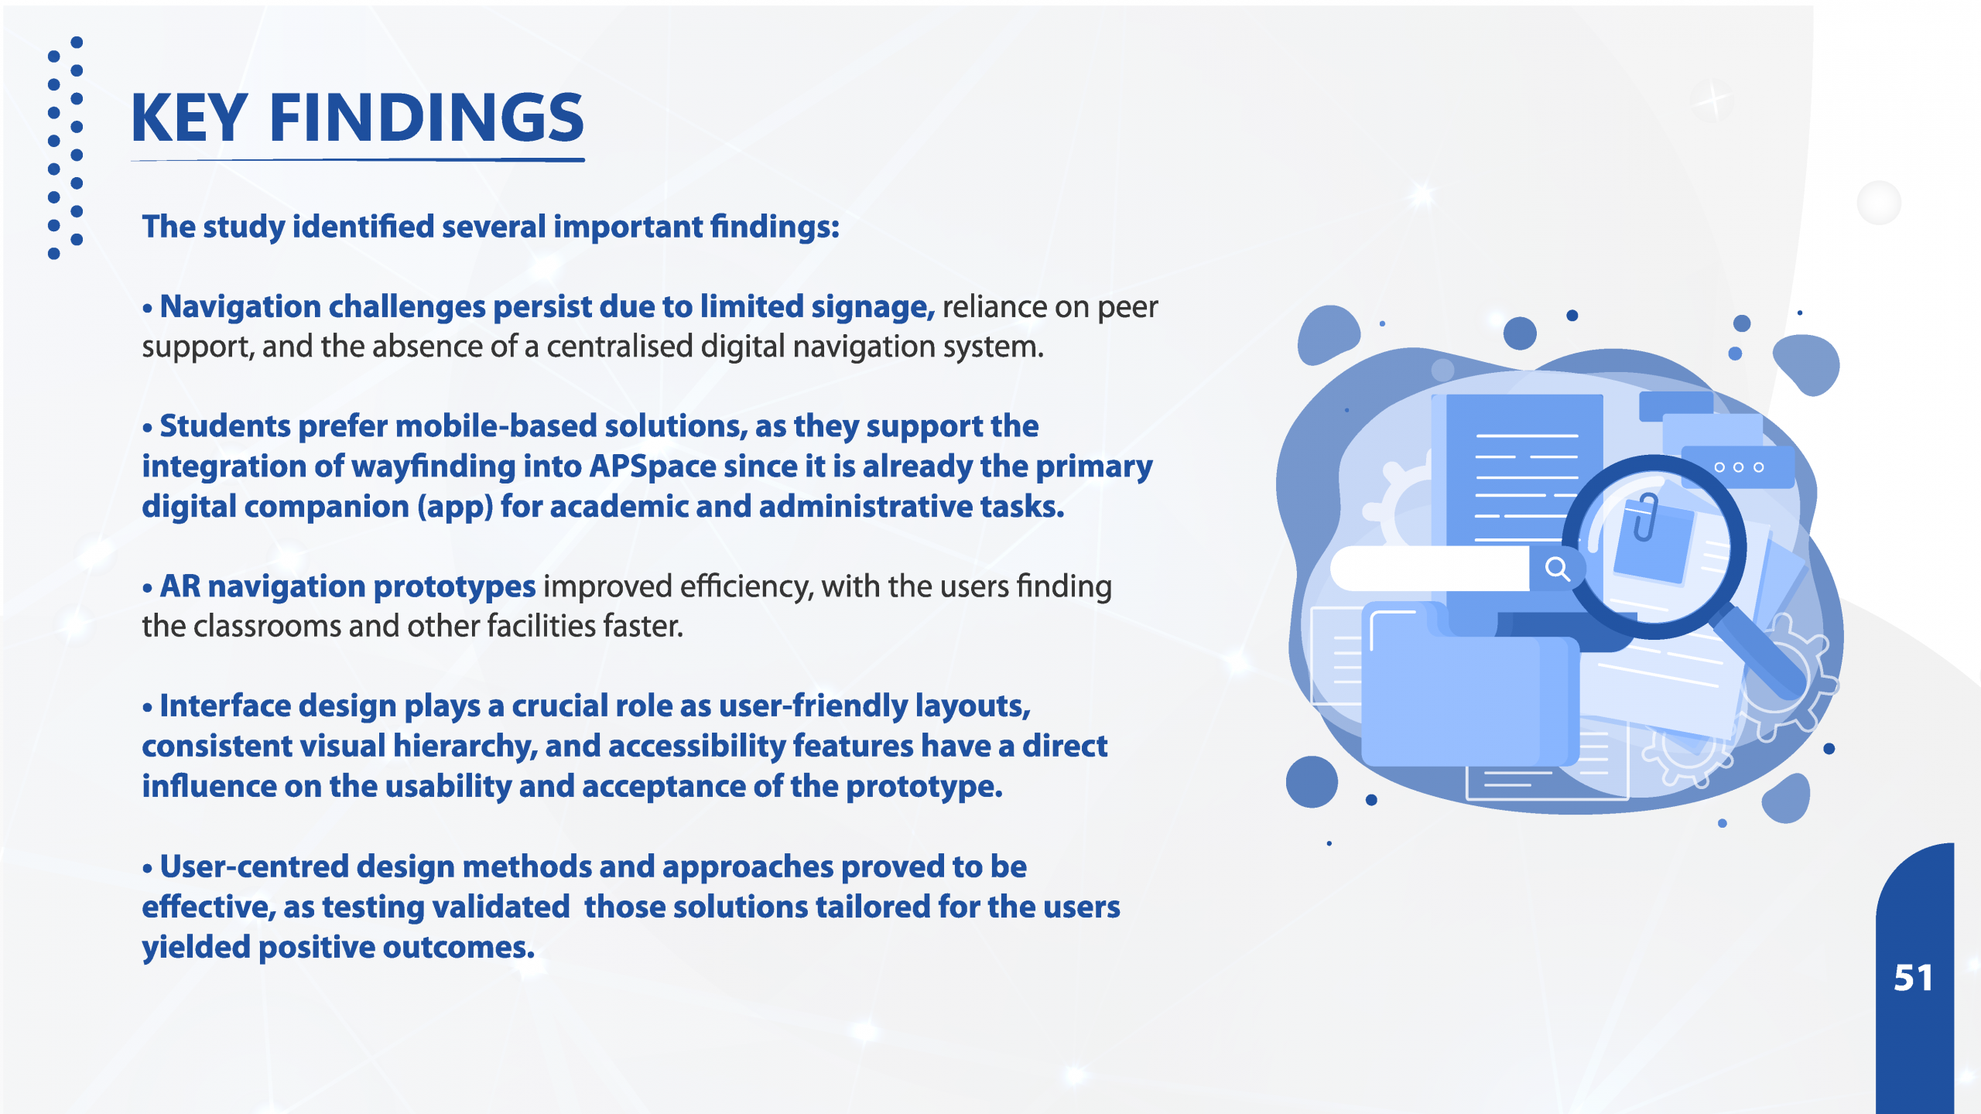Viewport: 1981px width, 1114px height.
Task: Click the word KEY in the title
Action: tap(190, 118)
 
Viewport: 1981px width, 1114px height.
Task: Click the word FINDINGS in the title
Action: tap(426, 118)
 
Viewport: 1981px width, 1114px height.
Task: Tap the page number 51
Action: tap(1913, 978)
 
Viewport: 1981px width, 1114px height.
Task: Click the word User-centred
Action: tap(255, 866)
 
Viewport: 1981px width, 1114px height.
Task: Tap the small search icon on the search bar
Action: tap(1557, 569)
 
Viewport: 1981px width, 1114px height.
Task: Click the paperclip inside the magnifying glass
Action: tap(1644, 516)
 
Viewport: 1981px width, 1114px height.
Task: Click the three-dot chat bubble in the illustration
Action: tap(1738, 466)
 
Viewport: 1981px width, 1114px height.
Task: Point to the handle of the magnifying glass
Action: tap(1760, 654)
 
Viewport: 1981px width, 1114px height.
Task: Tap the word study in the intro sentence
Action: tap(245, 227)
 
